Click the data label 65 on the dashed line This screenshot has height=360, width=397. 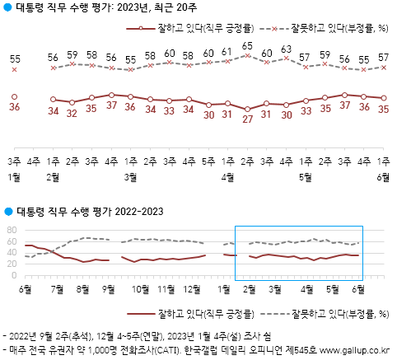[247, 47]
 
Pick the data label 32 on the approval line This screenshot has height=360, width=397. [72, 114]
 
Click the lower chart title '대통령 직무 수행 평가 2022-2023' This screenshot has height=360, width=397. [91, 213]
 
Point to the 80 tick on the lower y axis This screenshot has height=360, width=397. [11, 231]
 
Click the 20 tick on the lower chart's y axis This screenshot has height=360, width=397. [11, 264]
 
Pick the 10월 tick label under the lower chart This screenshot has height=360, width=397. [140, 288]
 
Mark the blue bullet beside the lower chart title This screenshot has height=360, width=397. [8, 213]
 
